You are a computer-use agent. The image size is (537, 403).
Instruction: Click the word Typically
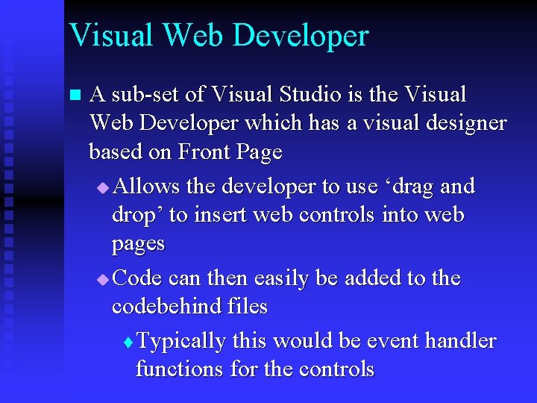click(182, 342)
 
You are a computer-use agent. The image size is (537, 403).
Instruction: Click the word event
click(392, 341)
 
